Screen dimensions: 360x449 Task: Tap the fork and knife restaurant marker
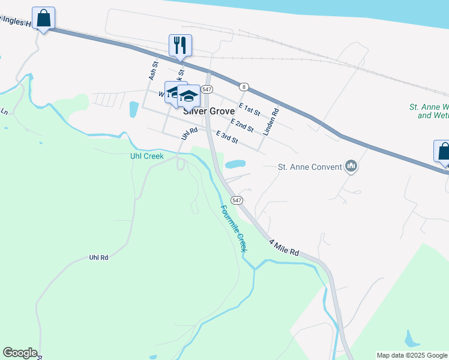[180, 44]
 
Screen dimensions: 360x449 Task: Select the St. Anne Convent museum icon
[352, 166]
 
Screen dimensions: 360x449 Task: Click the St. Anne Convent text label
[310, 167]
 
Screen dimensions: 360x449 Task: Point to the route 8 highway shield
[244, 86]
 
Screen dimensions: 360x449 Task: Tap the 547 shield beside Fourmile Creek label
[237, 200]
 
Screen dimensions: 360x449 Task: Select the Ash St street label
[152, 71]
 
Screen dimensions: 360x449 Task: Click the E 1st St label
[249, 109]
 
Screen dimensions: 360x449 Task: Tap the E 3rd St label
[228, 137]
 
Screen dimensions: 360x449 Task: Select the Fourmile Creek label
[233, 229]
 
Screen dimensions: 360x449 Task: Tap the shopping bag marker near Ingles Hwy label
[43, 18]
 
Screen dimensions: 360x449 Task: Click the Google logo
[20, 353]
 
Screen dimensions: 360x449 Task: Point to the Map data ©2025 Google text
[412, 355]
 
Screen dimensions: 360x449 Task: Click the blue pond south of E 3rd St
[235, 164]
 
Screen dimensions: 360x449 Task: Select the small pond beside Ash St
[133, 109]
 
